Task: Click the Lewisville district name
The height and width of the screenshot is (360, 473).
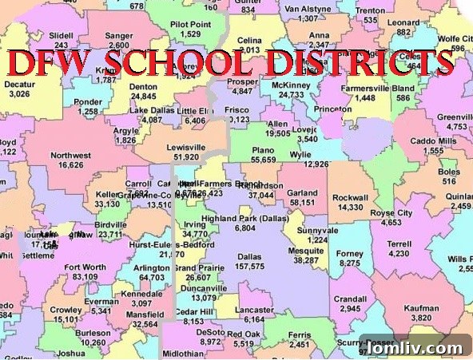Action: (x=186, y=148)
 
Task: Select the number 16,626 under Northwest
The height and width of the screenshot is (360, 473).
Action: (x=70, y=165)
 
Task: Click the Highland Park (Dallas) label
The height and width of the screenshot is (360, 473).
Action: (x=245, y=218)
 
